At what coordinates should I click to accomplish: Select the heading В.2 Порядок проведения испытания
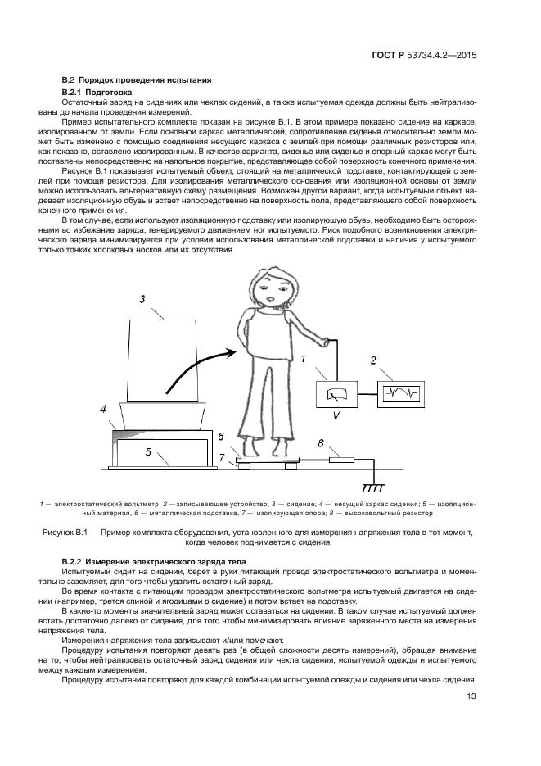[x=137, y=79]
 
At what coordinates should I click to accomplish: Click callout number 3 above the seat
[x=142, y=300]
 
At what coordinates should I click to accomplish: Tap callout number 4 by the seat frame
[x=103, y=407]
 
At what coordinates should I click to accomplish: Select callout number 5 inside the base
[x=148, y=450]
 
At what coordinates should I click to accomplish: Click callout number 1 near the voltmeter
[x=303, y=358]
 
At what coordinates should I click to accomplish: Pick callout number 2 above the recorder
[x=373, y=360]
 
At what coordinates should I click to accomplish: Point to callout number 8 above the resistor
[x=322, y=443]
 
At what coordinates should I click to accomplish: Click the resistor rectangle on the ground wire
[x=340, y=460]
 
